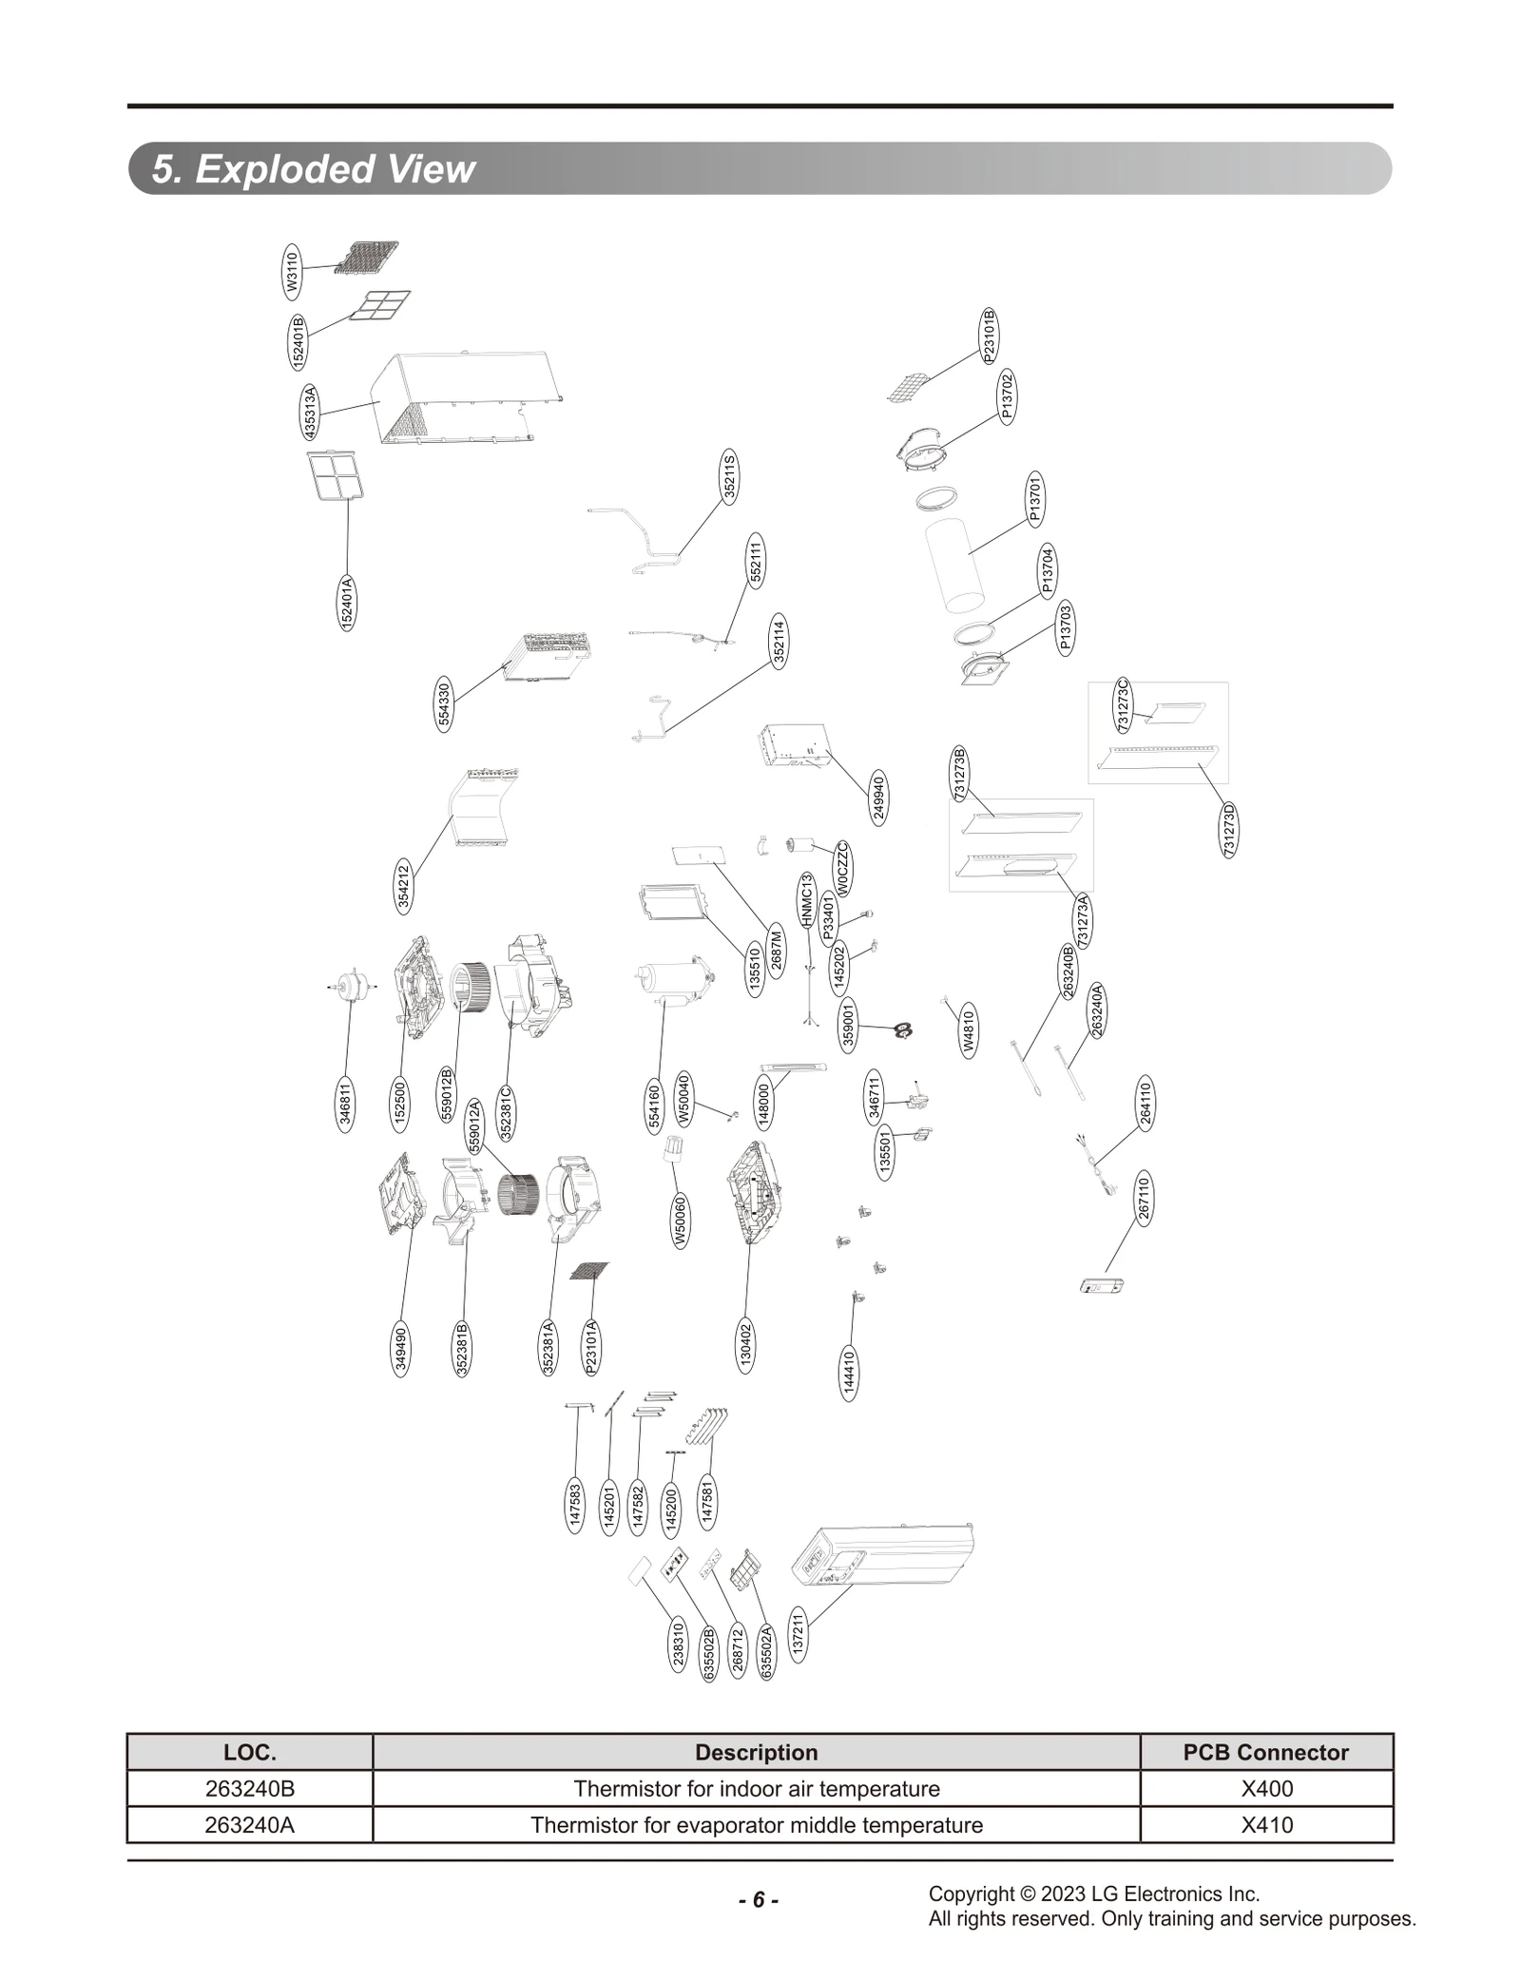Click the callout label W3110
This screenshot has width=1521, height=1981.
coord(293,270)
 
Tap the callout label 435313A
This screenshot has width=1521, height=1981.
coord(310,413)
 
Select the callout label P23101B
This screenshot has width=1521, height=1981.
coord(989,336)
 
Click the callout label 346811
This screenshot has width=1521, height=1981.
coord(346,1105)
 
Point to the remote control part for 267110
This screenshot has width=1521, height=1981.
coord(1103,1287)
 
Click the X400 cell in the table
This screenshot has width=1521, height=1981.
coord(1266,1789)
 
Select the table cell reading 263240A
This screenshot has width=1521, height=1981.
coord(250,1825)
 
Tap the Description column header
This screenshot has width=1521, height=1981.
coord(756,1752)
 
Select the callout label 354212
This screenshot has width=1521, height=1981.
coord(404,887)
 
